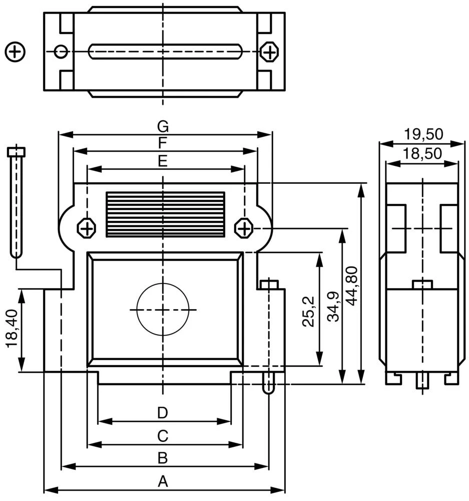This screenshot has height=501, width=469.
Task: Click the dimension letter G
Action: click(x=163, y=126)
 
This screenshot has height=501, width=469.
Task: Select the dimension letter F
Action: click(x=162, y=143)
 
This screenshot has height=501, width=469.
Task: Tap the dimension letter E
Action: click(x=162, y=161)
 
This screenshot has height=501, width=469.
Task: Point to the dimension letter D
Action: click(x=162, y=413)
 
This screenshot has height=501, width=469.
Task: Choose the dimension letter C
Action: click(x=162, y=436)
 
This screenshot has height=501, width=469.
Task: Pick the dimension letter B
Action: click(x=162, y=458)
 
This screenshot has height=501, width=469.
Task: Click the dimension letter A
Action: click(x=162, y=481)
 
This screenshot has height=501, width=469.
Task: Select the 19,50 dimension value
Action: click(x=423, y=134)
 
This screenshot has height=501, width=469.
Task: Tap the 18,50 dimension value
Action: click(x=423, y=154)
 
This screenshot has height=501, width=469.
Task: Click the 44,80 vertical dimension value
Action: click(x=352, y=286)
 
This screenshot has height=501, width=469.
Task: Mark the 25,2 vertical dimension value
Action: click(x=309, y=311)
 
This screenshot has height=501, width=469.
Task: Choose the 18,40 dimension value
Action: click(x=12, y=328)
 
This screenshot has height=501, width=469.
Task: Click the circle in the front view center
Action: click(x=163, y=309)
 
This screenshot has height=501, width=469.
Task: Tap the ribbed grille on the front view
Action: click(x=165, y=214)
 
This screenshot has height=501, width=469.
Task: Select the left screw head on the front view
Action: click(x=87, y=229)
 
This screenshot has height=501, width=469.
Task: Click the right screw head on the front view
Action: click(x=244, y=229)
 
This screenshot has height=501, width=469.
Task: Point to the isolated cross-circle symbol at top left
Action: click(x=15, y=52)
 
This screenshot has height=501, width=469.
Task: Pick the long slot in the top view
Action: click(x=166, y=52)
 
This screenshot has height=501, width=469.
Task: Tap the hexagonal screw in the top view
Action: click(x=269, y=52)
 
